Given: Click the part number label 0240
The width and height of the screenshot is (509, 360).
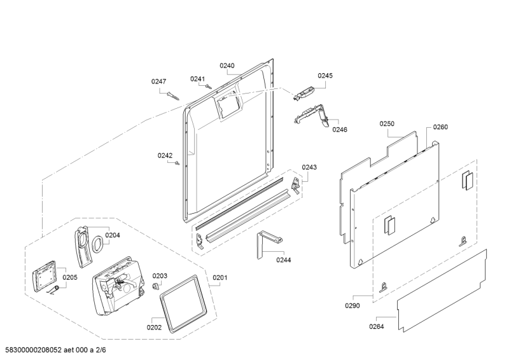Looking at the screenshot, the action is (227, 66).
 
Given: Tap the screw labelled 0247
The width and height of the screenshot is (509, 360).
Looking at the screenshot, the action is (173, 96).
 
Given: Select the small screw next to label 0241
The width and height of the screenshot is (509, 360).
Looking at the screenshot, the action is (209, 87).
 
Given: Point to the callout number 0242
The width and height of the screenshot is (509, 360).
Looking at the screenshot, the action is (165, 155).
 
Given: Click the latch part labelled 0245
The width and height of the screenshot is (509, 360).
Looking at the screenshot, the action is (303, 93).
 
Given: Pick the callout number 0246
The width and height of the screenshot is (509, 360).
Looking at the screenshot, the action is (340, 130).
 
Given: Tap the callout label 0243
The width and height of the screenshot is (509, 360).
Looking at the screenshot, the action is (309, 167).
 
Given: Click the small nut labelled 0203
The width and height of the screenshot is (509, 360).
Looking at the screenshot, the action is (156, 286).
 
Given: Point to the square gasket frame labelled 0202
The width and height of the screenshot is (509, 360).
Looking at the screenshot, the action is (183, 304).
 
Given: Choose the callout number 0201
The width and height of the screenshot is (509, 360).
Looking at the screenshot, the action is (220, 277).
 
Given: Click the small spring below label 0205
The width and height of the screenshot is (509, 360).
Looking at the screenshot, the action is (53, 290).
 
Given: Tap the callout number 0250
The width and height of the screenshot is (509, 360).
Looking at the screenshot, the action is (387, 123).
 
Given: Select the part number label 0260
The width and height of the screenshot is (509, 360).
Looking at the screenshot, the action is (440, 127).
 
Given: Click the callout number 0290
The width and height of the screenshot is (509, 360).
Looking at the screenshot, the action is (352, 305).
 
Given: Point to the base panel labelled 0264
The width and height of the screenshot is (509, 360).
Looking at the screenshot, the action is (442, 291).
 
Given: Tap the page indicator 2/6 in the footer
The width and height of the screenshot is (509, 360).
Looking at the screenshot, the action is (101, 350).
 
